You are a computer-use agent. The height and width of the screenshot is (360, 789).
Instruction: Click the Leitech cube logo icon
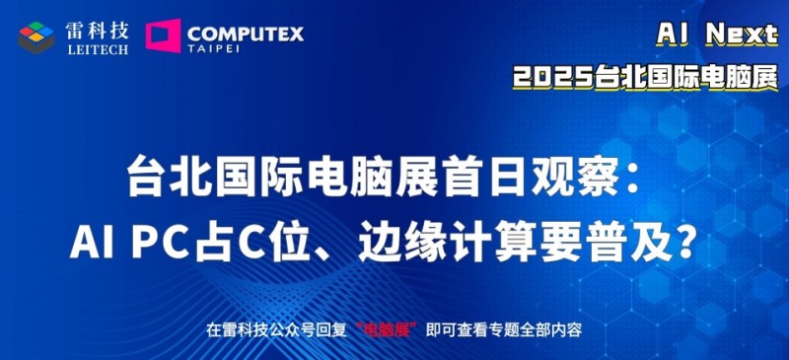tap(36, 36)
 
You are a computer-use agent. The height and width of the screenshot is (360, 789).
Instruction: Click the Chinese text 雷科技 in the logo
tap(98, 30)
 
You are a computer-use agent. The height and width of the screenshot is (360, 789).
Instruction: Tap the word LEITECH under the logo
tap(98, 49)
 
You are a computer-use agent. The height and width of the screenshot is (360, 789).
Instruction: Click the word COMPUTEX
tap(244, 33)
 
